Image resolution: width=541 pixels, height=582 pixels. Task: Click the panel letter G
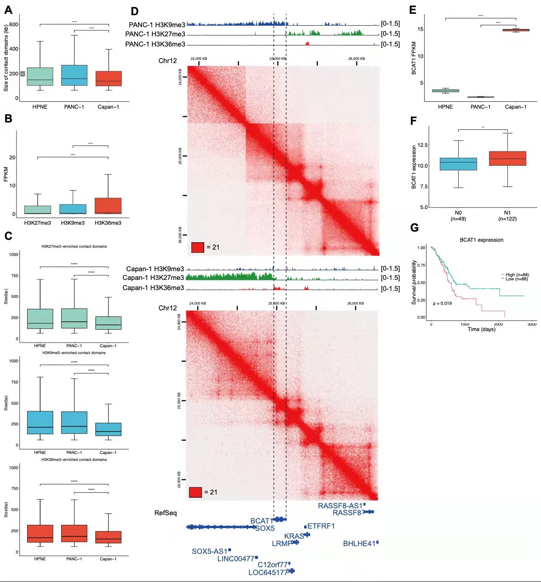click(414, 227)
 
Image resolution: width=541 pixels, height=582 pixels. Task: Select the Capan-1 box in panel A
click(109, 78)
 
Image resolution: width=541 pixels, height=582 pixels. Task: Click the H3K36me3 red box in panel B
click(108, 206)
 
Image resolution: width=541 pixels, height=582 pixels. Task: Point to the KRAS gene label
click(294, 536)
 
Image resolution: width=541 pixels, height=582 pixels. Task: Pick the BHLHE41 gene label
click(359, 544)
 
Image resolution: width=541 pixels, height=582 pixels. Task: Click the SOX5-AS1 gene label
click(209, 551)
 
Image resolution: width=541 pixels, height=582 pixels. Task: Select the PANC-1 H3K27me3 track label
click(155, 34)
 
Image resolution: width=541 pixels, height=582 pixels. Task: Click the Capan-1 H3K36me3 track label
click(153, 288)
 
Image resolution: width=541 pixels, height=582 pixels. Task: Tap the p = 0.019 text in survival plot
click(442, 303)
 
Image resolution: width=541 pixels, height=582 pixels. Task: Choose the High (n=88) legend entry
click(517, 275)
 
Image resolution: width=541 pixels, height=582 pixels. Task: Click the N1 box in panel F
click(507, 158)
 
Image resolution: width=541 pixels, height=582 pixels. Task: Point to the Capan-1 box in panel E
click(516, 30)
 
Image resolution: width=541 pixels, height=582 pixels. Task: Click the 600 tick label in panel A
click(14, 24)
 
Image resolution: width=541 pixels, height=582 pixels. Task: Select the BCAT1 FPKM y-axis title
click(414, 58)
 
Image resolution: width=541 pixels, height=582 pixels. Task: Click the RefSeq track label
click(166, 513)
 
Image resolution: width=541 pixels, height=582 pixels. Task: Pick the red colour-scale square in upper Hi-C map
click(197, 247)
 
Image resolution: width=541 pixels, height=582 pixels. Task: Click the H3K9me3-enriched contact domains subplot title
click(74, 353)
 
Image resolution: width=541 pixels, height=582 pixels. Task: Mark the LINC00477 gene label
click(236, 559)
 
